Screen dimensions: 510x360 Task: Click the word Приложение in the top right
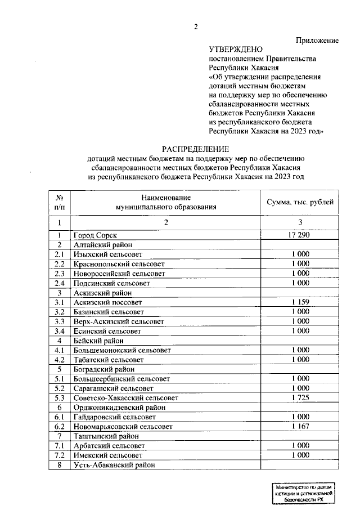point(317,41)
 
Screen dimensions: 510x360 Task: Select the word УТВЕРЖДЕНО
point(235,50)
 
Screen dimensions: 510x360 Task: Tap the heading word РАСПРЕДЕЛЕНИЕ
point(196,149)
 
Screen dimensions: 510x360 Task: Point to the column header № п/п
point(59,202)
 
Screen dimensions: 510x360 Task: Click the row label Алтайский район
point(101,245)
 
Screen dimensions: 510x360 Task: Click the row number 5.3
point(59,398)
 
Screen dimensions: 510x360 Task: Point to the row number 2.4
point(59,283)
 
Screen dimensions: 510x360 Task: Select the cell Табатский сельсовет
point(109,360)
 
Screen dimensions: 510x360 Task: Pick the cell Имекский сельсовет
point(106,455)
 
